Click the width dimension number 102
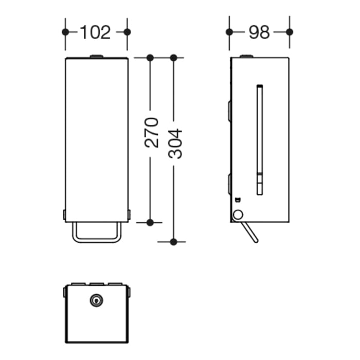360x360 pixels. [96, 32]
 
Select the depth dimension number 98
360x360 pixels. [259, 32]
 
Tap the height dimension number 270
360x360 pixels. [151, 132]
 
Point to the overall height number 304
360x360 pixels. [175, 143]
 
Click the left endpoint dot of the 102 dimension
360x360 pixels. [65, 32]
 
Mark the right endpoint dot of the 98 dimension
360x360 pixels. [289, 32]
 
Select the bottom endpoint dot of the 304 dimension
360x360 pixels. [174, 241]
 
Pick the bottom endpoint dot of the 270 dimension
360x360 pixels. [150, 222]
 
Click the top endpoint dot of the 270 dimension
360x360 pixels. [150, 58]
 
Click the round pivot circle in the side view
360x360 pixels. [238, 215]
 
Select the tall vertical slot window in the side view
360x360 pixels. [260, 139]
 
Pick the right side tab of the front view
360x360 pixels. [130, 214]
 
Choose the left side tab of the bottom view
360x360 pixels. [64, 293]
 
